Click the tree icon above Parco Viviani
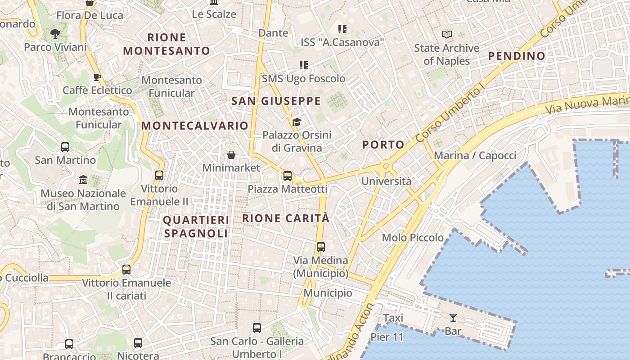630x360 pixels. tap(55, 33)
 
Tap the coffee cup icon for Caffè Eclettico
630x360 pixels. tap(97, 77)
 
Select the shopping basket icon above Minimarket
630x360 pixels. tap(231, 155)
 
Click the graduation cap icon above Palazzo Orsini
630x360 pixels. tap(297, 122)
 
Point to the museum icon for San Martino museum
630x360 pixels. tap(83, 180)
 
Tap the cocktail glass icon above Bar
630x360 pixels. tap(453, 318)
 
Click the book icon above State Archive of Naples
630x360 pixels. tap(446, 35)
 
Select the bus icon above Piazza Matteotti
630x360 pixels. tap(288, 176)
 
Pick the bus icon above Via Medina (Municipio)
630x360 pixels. tap(321, 247)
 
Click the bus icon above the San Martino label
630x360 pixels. tap(65, 147)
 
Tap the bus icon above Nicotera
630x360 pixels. tap(138, 343)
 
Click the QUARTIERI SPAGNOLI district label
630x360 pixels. tap(196, 227)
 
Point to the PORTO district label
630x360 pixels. tap(383, 145)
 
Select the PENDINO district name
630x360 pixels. tap(517, 56)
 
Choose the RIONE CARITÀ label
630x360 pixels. tap(286, 218)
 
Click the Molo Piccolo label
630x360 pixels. tap(413, 238)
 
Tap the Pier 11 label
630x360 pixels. tap(387, 337)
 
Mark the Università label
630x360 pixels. tap(387, 181)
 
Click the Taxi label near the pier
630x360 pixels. tap(393, 318)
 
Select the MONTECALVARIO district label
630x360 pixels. tap(195, 126)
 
